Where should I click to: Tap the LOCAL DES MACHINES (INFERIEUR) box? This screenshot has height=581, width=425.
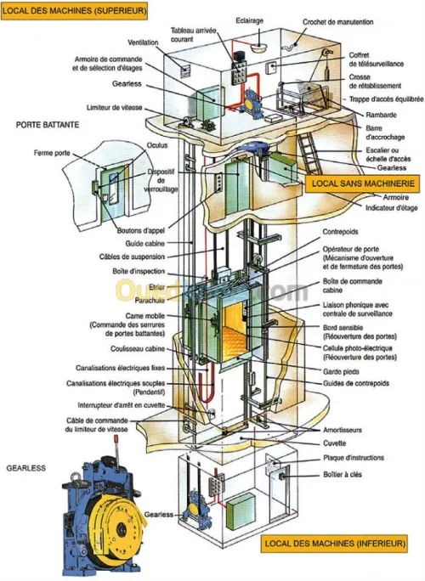click(x=335, y=544)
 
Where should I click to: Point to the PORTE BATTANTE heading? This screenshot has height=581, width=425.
click(x=48, y=124)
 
